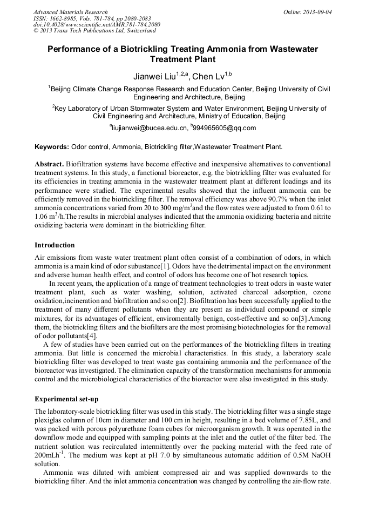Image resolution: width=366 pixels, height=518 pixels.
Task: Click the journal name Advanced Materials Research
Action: (70, 12)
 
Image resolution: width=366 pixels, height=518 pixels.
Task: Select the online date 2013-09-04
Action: (319, 12)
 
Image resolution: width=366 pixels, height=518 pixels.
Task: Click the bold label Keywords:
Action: (52, 147)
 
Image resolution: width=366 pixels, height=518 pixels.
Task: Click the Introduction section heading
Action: (55, 245)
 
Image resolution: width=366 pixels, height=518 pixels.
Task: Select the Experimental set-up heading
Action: (66, 399)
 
